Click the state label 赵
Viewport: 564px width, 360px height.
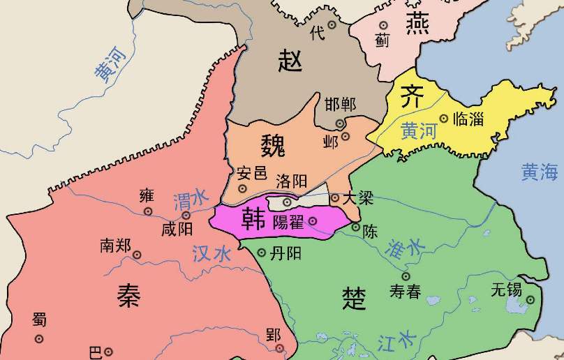290,62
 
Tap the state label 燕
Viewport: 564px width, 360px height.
417,24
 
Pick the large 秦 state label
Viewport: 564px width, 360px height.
128,297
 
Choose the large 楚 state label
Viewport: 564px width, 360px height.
352,299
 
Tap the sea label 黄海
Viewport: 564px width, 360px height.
540,172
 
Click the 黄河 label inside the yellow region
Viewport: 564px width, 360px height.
417,130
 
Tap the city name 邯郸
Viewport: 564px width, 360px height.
340,105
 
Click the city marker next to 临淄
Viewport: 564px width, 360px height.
444,119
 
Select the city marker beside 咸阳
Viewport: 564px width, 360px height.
186,216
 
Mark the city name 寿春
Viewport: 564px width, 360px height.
405,292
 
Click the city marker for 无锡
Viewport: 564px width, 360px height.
530,300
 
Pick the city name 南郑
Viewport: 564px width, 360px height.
115,245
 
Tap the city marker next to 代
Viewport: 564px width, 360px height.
332,24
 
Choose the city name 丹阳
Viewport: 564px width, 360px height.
285,253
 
